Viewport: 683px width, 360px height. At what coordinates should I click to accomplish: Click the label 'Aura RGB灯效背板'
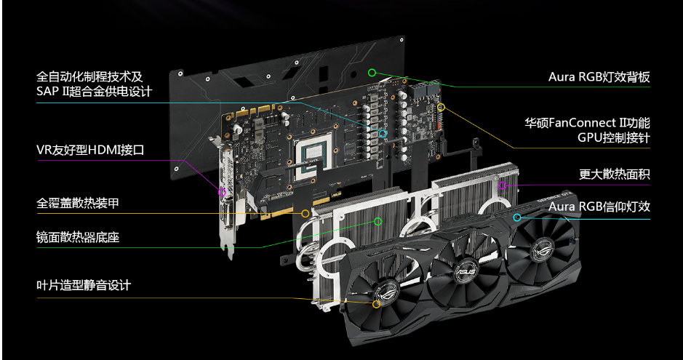[x=599, y=78]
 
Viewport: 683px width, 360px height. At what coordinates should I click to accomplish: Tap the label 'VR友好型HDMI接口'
[x=90, y=151]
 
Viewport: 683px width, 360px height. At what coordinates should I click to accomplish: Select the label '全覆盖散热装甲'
[x=78, y=204]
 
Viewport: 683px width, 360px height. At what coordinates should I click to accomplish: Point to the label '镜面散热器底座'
[x=78, y=238]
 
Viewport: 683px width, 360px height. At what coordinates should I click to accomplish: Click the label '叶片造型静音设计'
[x=84, y=286]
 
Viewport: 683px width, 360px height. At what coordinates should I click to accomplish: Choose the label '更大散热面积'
[x=614, y=175]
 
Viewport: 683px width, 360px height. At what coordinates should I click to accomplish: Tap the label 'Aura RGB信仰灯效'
[x=599, y=207]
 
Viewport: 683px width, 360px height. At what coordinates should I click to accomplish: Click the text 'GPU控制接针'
[x=614, y=138]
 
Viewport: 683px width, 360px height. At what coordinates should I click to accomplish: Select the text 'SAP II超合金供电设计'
[x=94, y=92]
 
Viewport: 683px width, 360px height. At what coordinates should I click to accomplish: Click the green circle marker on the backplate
[x=372, y=72]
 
